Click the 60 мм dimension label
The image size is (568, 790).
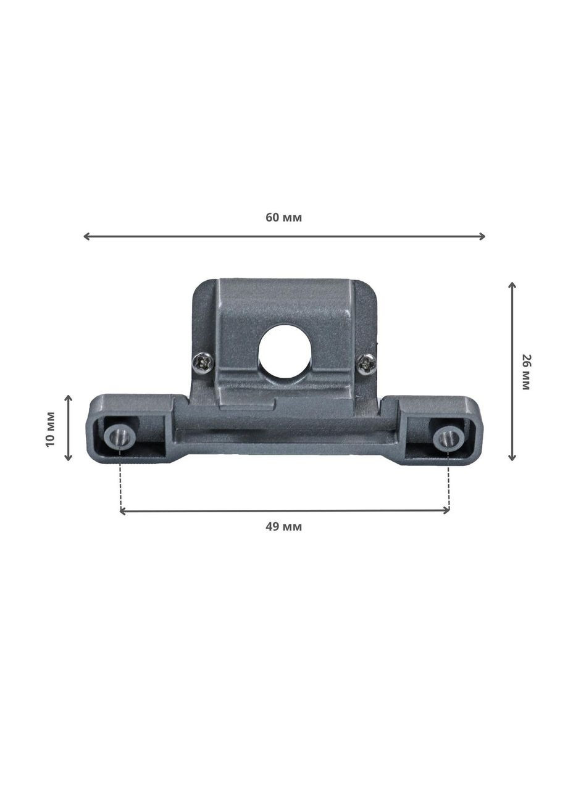coord(283,218)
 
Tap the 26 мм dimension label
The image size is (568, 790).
coord(525,372)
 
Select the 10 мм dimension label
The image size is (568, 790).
coord(51,429)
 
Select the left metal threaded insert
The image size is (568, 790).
coord(120,438)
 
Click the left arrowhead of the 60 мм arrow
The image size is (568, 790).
coord(86,236)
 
